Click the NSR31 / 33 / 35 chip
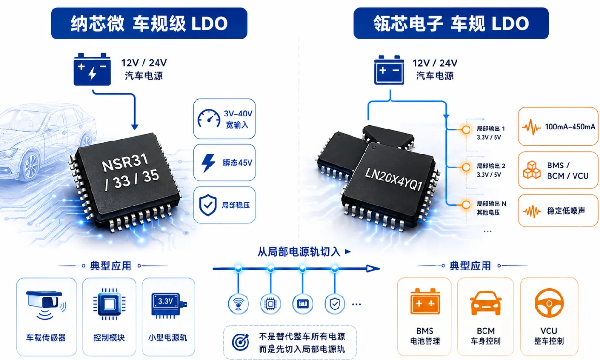pyautogui.click(x=125, y=181)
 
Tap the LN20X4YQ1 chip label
pyautogui.click(x=393, y=180)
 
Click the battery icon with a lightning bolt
pyautogui.click(x=92, y=69)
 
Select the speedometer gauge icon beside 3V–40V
pyautogui.click(x=209, y=118)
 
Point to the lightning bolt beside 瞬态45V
pyautogui.click(x=208, y=163)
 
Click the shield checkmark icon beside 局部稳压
pyautogui.click(x=208, y=205)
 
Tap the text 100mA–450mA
pyautogui.click(x=570, y=127)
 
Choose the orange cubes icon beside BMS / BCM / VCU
pyautogui.click(x=532, y=170)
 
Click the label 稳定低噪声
pyautogui.click(x=566, y=211)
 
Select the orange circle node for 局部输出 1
pyautogui.click(x=466, y=129)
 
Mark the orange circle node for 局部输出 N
pyautogui.click(x=466, y=205)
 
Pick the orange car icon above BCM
pyautogui.click(x=486, y=303)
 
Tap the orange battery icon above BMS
pyautogui.click(x=425, y=301)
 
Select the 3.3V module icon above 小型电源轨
pyautogui.click(x=169, y=305)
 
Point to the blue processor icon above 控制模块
pyautogui.click(x=109, y=304)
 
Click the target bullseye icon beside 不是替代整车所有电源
pyautogui.click(x=241, y=342)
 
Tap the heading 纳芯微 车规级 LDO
pyautogui.click(x=149, y=24)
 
